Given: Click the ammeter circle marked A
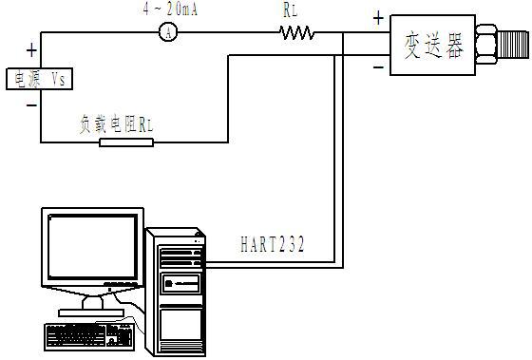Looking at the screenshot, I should [x=168, y=32].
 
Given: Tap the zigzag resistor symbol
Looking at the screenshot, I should [x=296, y=32].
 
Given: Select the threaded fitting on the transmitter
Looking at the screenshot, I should [x=512, y=44].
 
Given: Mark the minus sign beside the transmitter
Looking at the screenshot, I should [x=377, y=66].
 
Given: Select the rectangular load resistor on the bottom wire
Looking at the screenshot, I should [x=126, y=142].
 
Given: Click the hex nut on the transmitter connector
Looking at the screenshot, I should [x=484, y=44].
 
